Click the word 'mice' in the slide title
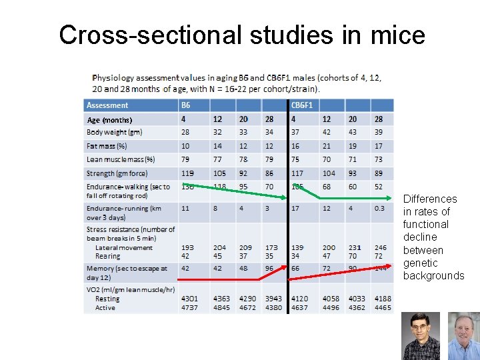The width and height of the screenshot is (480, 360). coord(393,35)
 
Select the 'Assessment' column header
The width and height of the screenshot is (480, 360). coord(107,105)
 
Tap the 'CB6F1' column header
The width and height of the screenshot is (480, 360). coord(302,105)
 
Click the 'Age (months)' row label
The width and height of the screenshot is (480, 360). coord(110,120)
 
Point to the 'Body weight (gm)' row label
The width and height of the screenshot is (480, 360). coord(115,133)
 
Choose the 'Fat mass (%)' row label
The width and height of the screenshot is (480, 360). coord(107,146)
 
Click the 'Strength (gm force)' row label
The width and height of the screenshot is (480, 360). coord(117,173)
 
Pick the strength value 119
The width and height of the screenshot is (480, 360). coord(187,173)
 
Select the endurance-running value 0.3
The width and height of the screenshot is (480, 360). coord(379,208)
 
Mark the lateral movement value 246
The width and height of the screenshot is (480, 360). coord(380,247)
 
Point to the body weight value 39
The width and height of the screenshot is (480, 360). coord(378,133)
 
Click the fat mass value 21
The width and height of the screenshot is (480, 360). coord(326,146)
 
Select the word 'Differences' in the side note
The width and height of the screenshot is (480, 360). coord(430,199)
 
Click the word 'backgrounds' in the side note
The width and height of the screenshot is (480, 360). coord(433,275)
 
